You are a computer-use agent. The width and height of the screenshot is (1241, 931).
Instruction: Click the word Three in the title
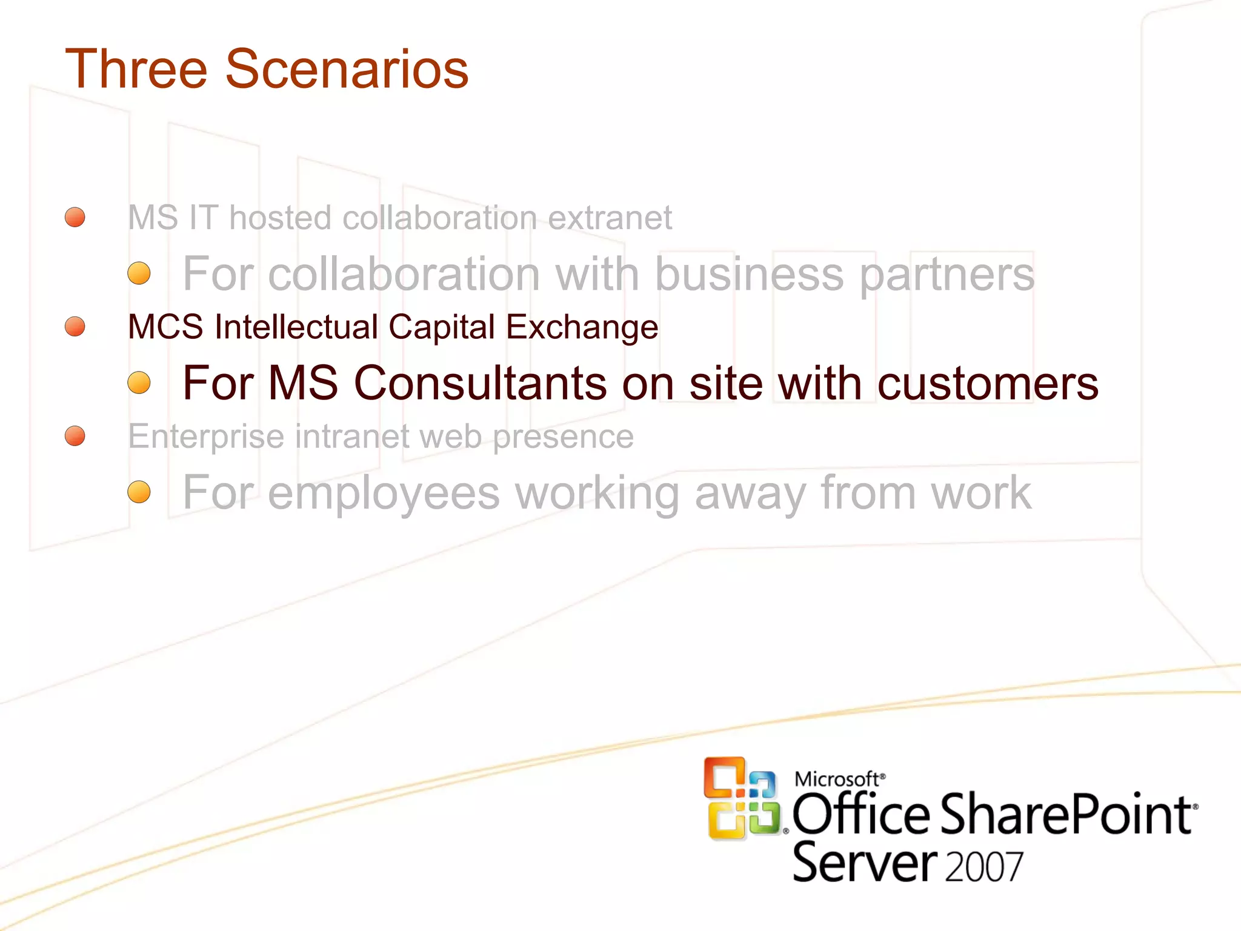[136, 69]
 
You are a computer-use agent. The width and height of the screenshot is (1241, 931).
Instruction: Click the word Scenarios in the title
[347, 69]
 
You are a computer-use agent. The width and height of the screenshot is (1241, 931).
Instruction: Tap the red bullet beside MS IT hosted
[75, 217]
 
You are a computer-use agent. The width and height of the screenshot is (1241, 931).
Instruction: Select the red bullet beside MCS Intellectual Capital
[75, 326]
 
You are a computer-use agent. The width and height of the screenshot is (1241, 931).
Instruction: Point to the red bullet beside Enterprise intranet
[75, 435]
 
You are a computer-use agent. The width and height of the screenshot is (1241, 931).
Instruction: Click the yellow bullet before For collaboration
[139, 273]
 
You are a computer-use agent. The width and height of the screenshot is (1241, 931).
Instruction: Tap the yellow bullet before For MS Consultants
[139, 382]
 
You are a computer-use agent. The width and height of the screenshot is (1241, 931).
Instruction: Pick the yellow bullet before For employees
[139, 492]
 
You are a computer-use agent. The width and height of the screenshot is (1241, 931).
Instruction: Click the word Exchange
[582, 329]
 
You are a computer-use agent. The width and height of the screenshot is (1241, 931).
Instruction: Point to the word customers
[988, 384]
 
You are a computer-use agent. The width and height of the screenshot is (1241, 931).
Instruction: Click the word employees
[384, 494]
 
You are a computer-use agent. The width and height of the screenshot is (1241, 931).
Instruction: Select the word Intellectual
[296, 327]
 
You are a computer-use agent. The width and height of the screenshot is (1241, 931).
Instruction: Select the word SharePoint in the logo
[1066, 815]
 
